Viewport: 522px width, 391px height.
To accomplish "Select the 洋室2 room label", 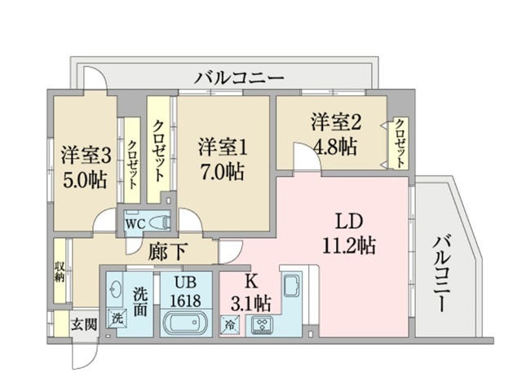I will (335, 123).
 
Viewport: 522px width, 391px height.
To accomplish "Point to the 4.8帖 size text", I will (334, 147).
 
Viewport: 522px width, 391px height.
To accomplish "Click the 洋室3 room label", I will (85, 155).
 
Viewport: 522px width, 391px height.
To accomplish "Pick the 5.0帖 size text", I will (85, 178).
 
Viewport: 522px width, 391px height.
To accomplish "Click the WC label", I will (135, 221).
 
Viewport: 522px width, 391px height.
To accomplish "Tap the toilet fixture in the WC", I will (160, 221).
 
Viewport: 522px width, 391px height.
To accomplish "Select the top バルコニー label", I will (239, 79).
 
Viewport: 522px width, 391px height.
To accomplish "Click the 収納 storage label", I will (60, 268).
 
